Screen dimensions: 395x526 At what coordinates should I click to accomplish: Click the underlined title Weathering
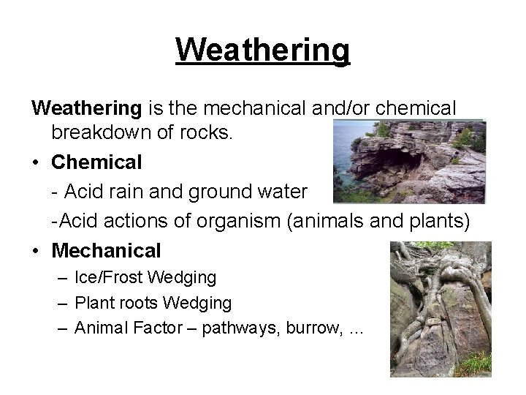[263, 50]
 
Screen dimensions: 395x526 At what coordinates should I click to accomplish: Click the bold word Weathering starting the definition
[86, 108]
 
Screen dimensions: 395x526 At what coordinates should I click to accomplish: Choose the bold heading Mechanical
[106, 250]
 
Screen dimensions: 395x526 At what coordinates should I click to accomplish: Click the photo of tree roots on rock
[439, 307]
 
